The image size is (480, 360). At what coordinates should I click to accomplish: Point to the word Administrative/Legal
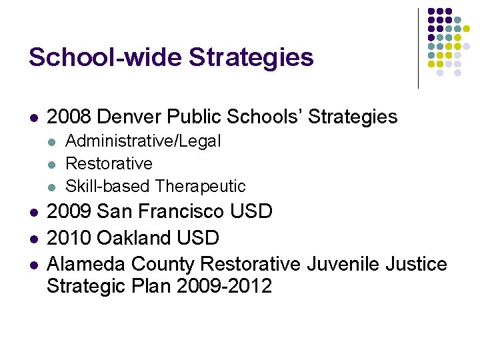(x=143, y=141)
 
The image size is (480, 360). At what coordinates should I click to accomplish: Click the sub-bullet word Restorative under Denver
(x=109, y=164)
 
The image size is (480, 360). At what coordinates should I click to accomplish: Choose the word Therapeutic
(x=201, y=186)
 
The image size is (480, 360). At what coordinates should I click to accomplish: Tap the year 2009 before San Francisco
(x=69, y=212)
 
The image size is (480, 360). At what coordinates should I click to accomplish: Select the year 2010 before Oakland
(x=69, y=238)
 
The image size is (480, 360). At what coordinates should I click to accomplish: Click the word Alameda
(x=86, y=264)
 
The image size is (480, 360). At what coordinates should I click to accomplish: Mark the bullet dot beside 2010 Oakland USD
(x=33, y=239)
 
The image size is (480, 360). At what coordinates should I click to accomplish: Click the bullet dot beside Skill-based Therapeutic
(x=53, y=187)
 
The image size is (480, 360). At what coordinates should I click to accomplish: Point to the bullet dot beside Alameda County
(x=33, y=265)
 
